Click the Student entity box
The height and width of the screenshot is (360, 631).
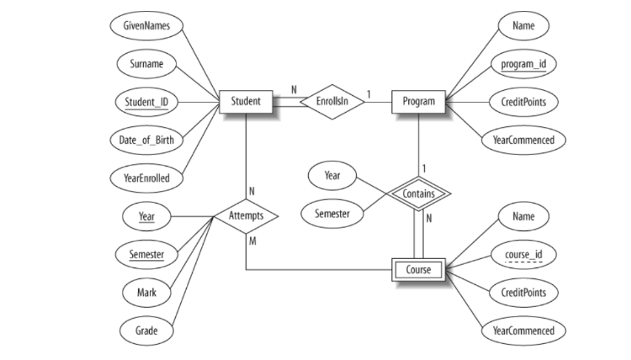246,102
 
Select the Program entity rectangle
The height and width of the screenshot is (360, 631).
418,102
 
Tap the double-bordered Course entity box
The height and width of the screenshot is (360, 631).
418,270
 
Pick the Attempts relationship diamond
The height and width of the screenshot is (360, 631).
246,216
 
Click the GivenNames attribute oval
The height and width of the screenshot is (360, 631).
146,26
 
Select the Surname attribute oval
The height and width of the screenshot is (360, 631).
146,64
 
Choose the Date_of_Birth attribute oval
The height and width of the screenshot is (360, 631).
146,140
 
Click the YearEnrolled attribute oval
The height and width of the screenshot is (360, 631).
146,177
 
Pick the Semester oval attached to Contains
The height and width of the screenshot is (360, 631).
332,214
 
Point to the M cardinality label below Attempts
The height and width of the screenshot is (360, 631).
250,241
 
